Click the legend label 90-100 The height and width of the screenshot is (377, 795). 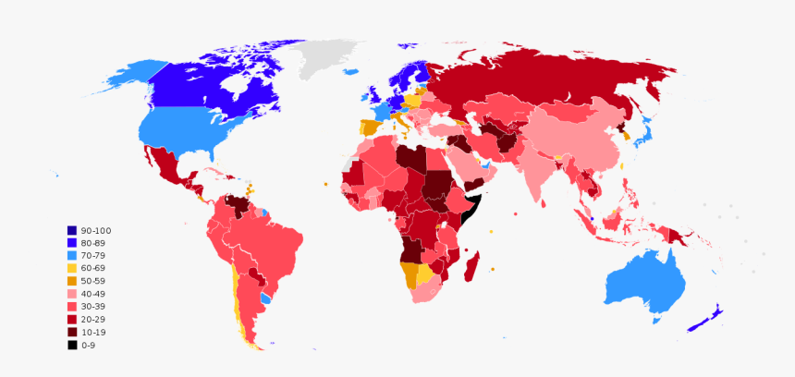point(96,230)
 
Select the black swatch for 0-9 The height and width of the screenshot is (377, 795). point(71,345)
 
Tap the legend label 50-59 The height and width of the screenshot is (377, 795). point(93,281)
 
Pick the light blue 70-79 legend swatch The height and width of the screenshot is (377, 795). point(71,255)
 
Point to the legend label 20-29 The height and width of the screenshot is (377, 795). point(93,319)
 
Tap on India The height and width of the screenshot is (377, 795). point(536,176)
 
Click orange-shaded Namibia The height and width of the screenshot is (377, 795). point(408,274)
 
